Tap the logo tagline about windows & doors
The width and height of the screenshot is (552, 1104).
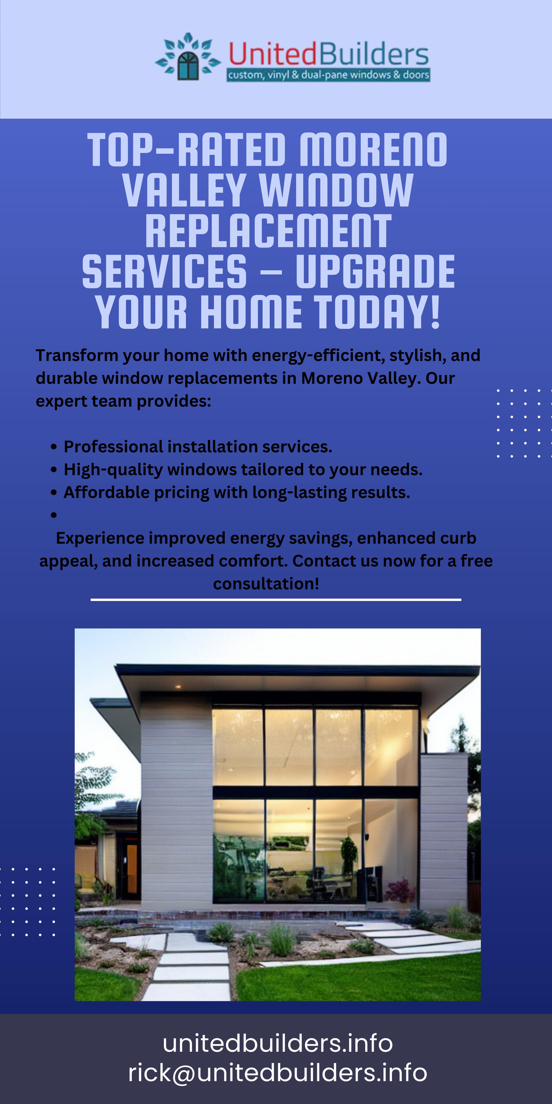coord(328,75)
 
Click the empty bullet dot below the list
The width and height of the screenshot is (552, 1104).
coord(54,515)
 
